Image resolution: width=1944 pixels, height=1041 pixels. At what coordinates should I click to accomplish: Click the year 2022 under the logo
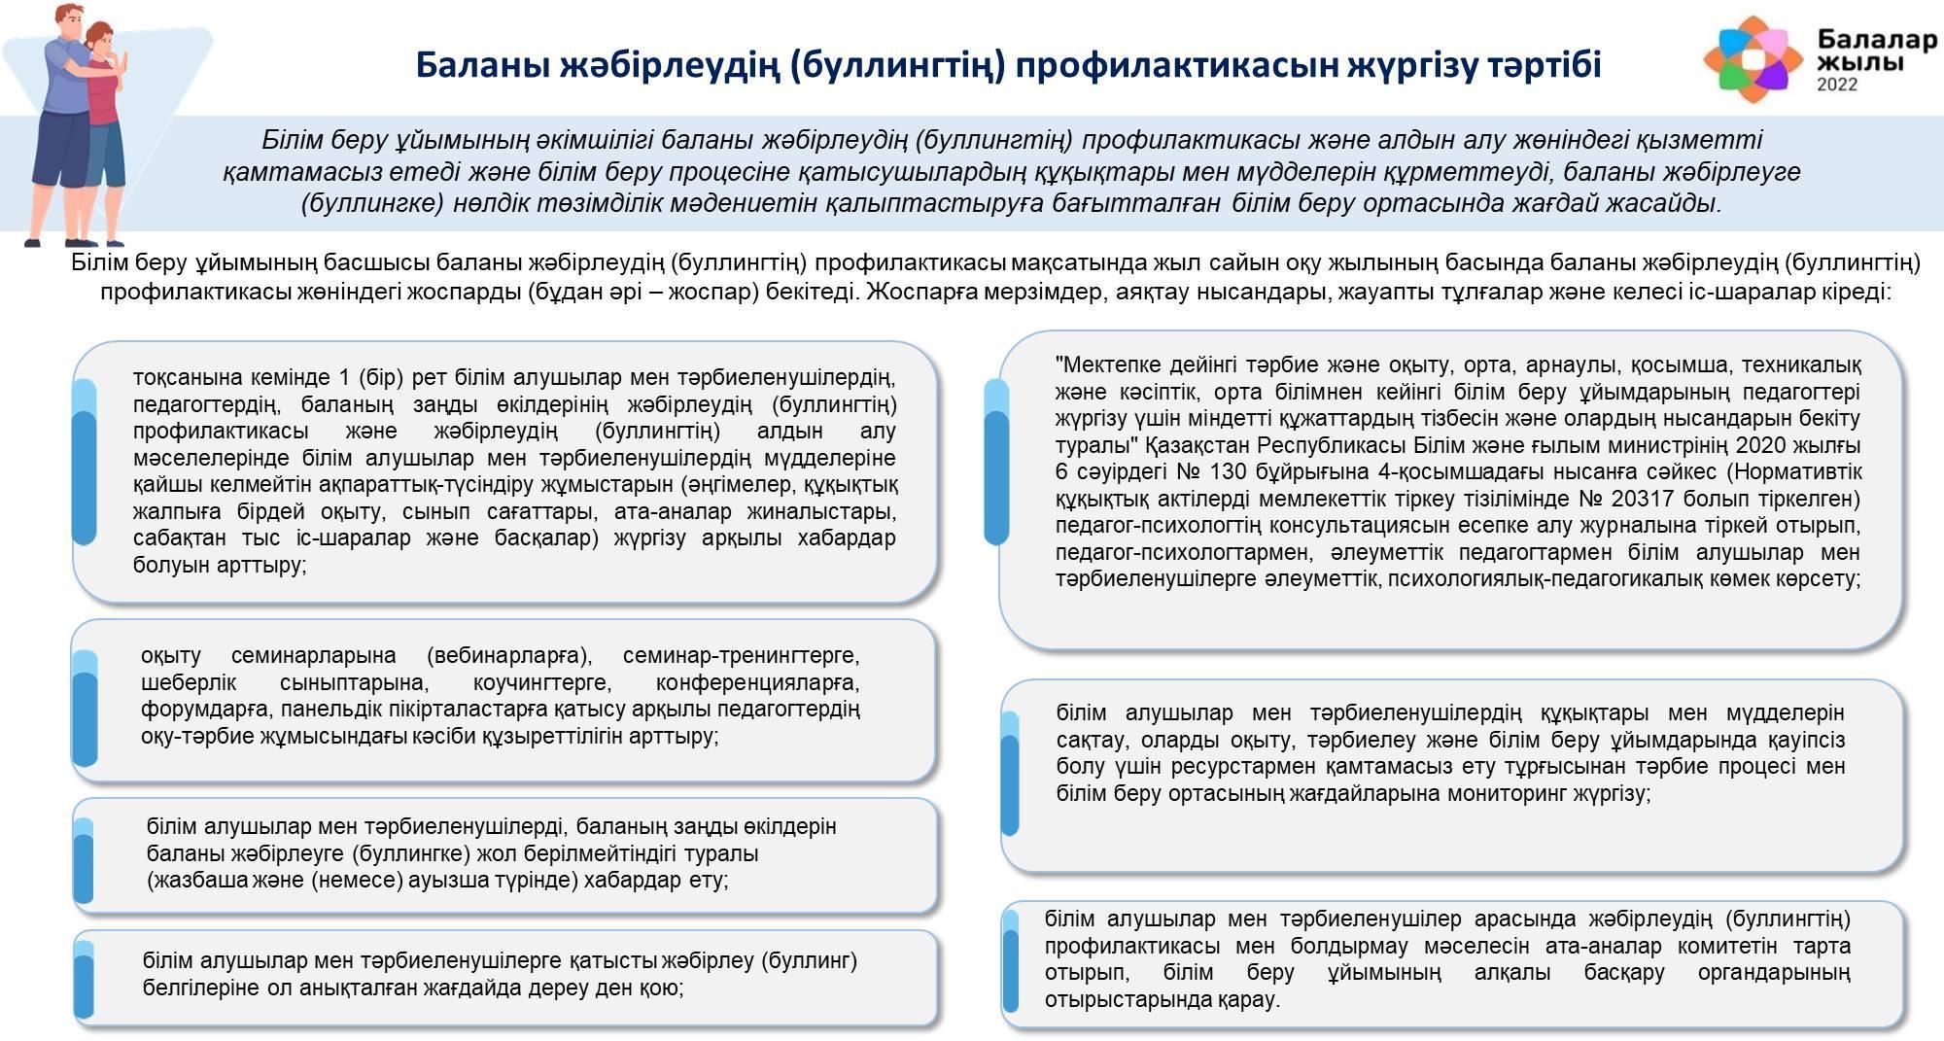pyautogui.click(x=1837, y=85)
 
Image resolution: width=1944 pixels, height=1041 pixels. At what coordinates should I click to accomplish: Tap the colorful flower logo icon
pyautogui.click(x=1752, y=59)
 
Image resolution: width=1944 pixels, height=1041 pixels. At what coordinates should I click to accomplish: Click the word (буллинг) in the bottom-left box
pyautogui.click(x=810, y=961)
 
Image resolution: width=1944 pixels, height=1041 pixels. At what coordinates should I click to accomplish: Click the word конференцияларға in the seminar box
pyautogui.click(x=757, y=683)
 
